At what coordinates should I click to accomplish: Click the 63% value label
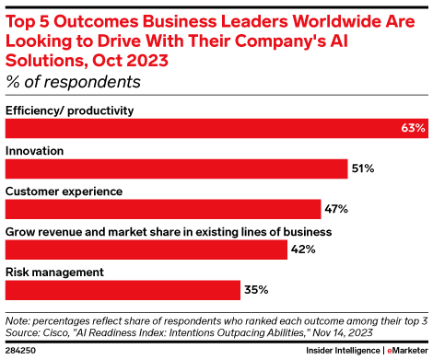pos(412,129)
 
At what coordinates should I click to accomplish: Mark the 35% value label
pos(256,289)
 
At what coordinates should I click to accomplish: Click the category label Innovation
pos(34,150)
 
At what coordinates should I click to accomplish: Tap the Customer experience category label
pos(64,191)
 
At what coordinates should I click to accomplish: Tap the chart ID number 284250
pos(20,351)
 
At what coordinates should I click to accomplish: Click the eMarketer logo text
pos(406,351)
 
